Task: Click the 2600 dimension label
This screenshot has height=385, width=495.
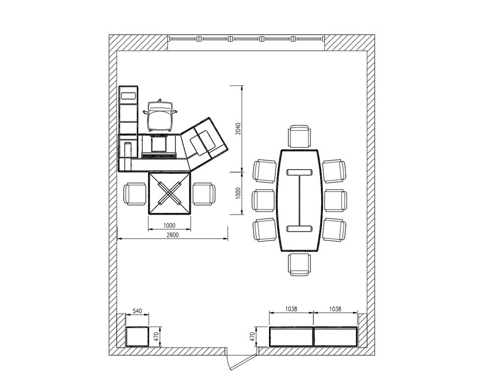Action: pyautogui.click(x=172, y=235)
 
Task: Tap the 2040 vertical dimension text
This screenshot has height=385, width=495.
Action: pyautogui.click(x=238, y=129)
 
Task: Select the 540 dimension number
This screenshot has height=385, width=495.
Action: pyautogui.click(x=137, y=311)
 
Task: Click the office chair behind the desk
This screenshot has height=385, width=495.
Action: pyautogui.click(x=160, y=116)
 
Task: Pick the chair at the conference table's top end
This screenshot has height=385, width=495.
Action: pyautogui.click(x=300, y=136)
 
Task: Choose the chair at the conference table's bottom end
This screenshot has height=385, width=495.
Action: pyautogui.click(x=299, y=265)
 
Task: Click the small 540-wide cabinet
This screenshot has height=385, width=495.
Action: pyautogui.click(x=137, y=337)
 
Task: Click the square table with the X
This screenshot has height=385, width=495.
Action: pyautogui.click(x=170, y=193)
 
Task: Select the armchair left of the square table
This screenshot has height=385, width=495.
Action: pyautogui.click(x=135, y=194)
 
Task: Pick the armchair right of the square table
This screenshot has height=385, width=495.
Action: pyautogui.click(x=204, y=194)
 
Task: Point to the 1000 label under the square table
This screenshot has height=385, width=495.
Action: pyautogui.click(x=169, y=226)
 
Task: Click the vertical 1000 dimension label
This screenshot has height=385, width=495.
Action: pyautogui.click(x=238, y=193)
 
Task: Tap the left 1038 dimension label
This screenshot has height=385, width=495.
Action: pyautogui.click(x=291, y=309)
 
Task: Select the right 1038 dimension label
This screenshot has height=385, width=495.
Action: pyautogui.click(x=335, y=309)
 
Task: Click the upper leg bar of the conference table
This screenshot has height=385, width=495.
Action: pyautogui.click(x=299, y=172)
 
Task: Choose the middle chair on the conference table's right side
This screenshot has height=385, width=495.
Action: pyautogui.click(x=335, y=200)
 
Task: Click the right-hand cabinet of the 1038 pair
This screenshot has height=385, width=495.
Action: pyautogui.click(x=335, y=337)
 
